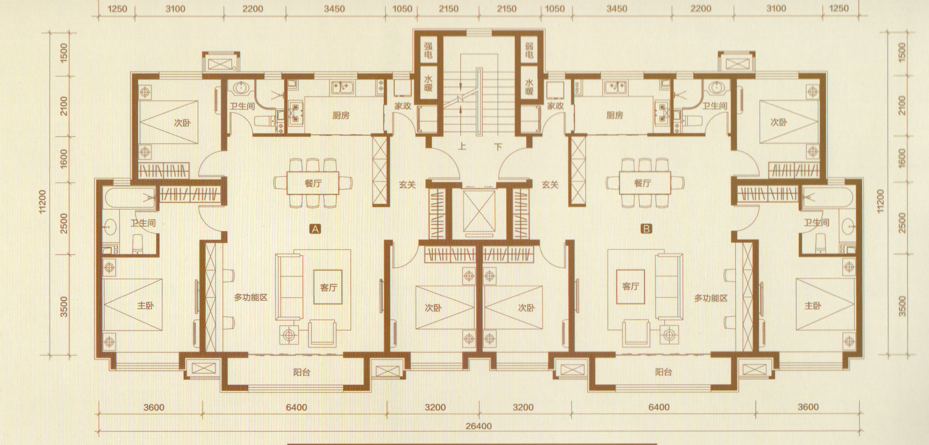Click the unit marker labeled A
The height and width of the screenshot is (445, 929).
(x=315, y=229)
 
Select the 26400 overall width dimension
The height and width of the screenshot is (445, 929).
(x=478, y=426)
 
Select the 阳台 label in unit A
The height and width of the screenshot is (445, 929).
(x=302, y=372)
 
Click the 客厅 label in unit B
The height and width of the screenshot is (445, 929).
(x=630, y=287)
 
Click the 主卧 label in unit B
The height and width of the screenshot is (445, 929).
(x=813, y=306)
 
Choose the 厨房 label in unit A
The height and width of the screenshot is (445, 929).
(x=341, y=115)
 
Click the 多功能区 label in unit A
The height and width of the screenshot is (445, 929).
(x=251, y=298)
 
